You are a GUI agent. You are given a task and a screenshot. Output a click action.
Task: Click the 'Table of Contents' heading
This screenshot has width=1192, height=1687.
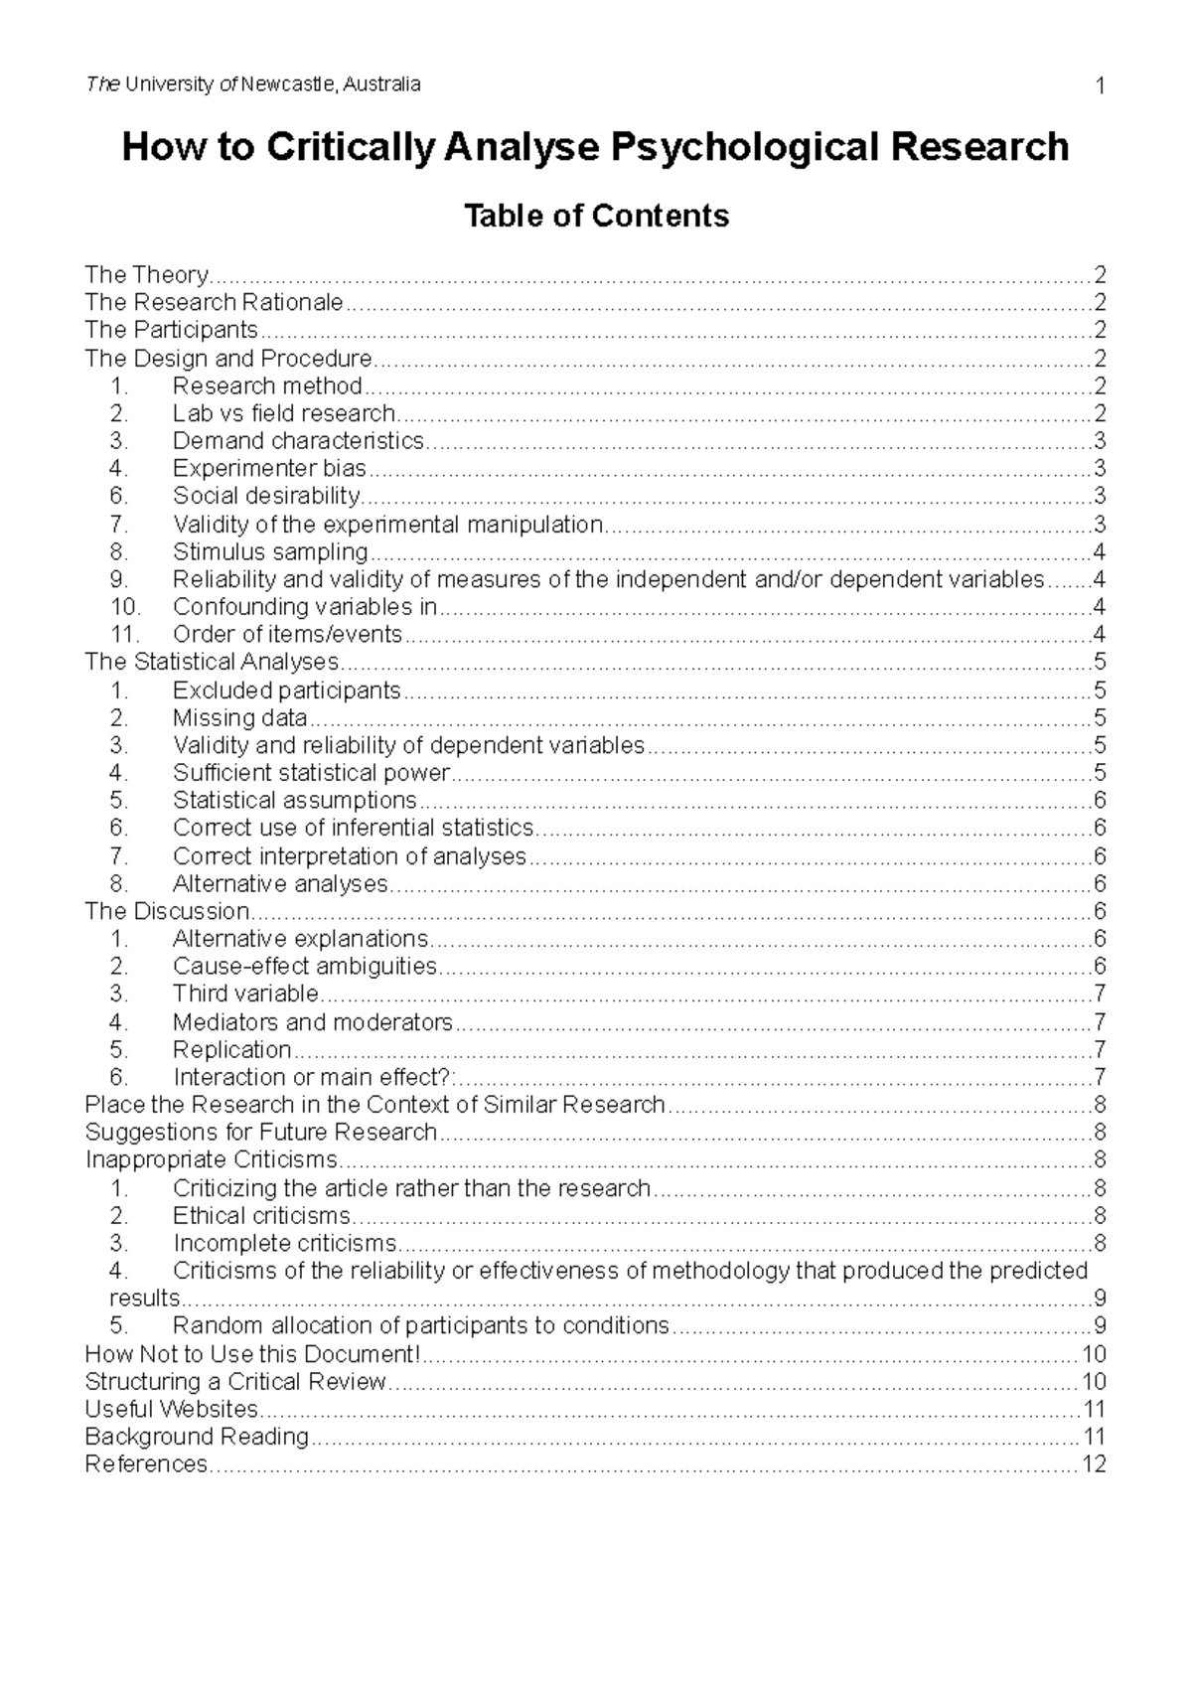596,216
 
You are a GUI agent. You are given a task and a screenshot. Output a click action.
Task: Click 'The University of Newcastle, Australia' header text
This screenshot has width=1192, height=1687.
253,84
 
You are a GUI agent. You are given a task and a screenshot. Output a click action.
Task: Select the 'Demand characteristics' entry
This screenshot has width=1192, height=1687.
298,440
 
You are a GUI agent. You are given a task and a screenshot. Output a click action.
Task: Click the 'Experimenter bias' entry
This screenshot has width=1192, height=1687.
269,468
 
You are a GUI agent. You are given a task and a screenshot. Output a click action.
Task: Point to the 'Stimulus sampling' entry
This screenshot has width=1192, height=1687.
270,551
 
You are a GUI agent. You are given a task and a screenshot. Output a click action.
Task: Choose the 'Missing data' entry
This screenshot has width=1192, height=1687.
239,717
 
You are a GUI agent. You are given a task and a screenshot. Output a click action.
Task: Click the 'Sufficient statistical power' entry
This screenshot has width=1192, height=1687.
311,773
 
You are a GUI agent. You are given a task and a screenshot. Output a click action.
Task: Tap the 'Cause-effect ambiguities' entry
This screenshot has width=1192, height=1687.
305,966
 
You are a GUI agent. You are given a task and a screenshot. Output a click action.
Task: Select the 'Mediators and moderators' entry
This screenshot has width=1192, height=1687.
312,1021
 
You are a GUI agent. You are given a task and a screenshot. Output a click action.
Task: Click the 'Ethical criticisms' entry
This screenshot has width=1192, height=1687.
261,1215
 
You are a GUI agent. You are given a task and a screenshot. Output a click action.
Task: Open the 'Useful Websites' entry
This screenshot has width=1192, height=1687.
171,1409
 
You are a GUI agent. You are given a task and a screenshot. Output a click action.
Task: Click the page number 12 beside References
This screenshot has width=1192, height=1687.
1094,1463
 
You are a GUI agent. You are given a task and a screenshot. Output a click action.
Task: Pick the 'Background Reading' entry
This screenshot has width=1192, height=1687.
197,1437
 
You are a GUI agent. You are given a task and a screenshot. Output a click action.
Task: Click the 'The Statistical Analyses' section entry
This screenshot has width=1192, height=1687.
212,662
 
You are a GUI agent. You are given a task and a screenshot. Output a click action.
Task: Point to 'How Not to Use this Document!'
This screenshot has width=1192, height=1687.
252,1353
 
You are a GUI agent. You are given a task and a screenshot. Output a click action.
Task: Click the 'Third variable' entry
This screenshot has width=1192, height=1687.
245,994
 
